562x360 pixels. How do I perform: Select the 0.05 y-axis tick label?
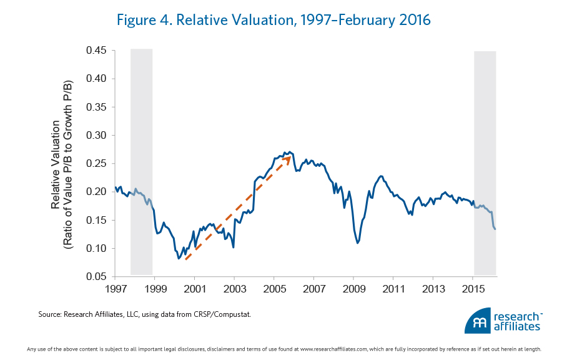click(97, 277)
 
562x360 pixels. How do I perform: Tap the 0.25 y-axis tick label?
click(97, 164)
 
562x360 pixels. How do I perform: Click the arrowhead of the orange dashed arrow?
click(288, 158)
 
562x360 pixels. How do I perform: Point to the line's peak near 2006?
click(290, 151)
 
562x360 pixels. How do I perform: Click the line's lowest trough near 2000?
click(179, 258)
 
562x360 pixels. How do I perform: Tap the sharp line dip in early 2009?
click(357, 242)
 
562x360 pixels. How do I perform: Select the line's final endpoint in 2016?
click(495, 229)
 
